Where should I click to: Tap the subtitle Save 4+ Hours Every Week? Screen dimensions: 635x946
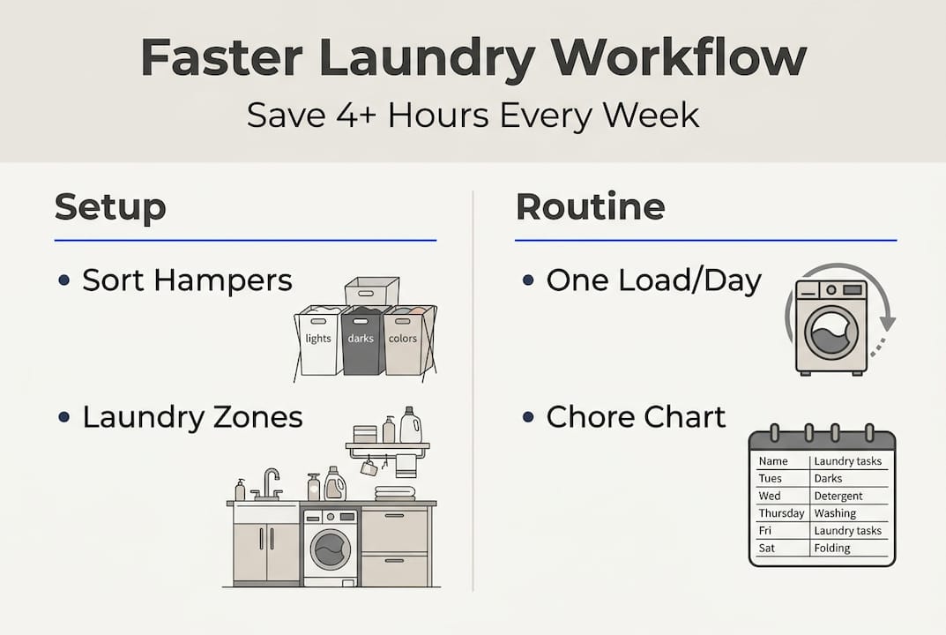473,115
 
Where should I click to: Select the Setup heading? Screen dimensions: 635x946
110,206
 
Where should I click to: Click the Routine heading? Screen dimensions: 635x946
590,206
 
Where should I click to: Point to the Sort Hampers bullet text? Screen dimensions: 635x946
187,280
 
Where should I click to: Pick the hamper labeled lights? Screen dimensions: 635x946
318,341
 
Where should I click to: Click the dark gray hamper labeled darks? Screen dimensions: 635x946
361,341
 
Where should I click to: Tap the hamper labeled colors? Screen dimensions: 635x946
404,341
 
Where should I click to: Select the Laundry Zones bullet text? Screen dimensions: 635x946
192,417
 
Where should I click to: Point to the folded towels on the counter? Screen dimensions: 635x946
394,492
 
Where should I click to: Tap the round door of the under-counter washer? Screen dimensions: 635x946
330,550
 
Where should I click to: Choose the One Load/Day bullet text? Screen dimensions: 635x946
653,280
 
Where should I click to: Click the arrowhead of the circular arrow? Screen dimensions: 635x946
886,325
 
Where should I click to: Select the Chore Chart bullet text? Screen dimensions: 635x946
636,417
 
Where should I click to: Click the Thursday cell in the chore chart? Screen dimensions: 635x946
781,513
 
